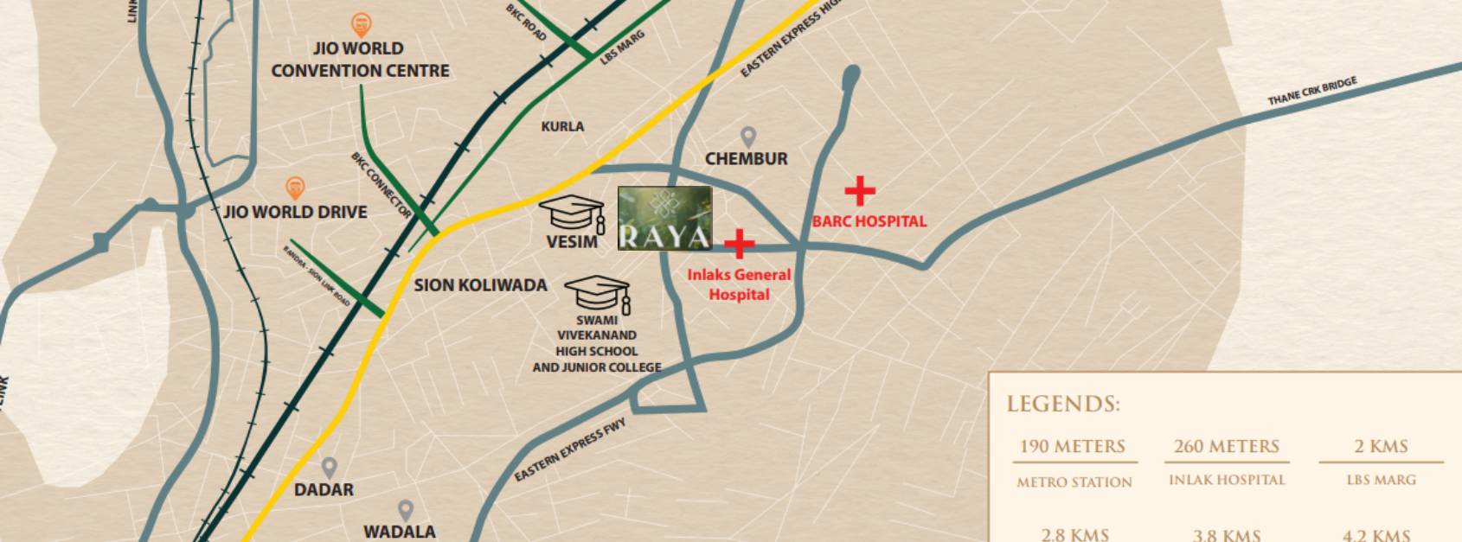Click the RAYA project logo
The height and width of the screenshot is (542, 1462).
point(664,218)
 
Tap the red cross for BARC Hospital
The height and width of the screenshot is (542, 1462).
point(859,191)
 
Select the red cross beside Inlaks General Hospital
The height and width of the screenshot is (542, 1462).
point(738,244)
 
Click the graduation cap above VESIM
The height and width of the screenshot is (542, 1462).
point(572,214)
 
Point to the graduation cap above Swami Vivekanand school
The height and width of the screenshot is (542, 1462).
point(598,294)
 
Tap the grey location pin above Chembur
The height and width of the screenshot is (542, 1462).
point(748,137)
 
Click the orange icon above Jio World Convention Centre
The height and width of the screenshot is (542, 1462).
point(361,25)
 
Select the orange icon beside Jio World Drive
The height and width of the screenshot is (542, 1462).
point(295,188)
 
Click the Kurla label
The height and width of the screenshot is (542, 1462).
point(562,126)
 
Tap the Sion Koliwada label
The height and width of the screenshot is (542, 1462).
point(480,285)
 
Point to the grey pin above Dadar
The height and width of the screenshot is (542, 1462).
point(329,468)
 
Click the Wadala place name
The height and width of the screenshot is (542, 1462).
point(400,532)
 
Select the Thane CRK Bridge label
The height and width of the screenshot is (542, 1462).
point(1312,91)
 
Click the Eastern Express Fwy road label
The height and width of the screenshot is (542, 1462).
point(569,450)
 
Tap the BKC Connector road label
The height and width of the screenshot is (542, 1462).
point(381,184)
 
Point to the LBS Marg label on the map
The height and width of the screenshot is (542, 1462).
point(623,48)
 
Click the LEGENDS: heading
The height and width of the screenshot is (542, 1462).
point(1063,404)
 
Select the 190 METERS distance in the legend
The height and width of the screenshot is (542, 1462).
point(1073,446)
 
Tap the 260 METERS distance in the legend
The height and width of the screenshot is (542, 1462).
point(1226,446)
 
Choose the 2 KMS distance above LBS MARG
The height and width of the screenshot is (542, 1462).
point(1381,446)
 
